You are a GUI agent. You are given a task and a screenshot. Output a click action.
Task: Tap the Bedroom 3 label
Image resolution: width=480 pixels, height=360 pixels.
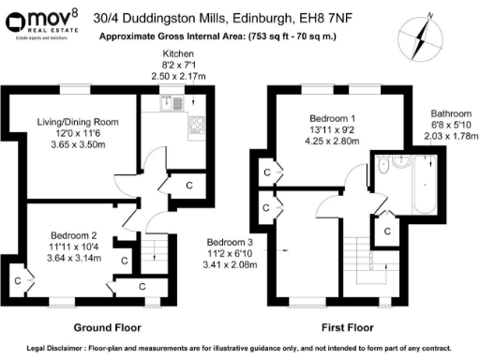tap(230, 240)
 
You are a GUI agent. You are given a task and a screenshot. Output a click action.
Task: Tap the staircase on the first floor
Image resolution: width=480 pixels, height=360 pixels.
tap(361, 257)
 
